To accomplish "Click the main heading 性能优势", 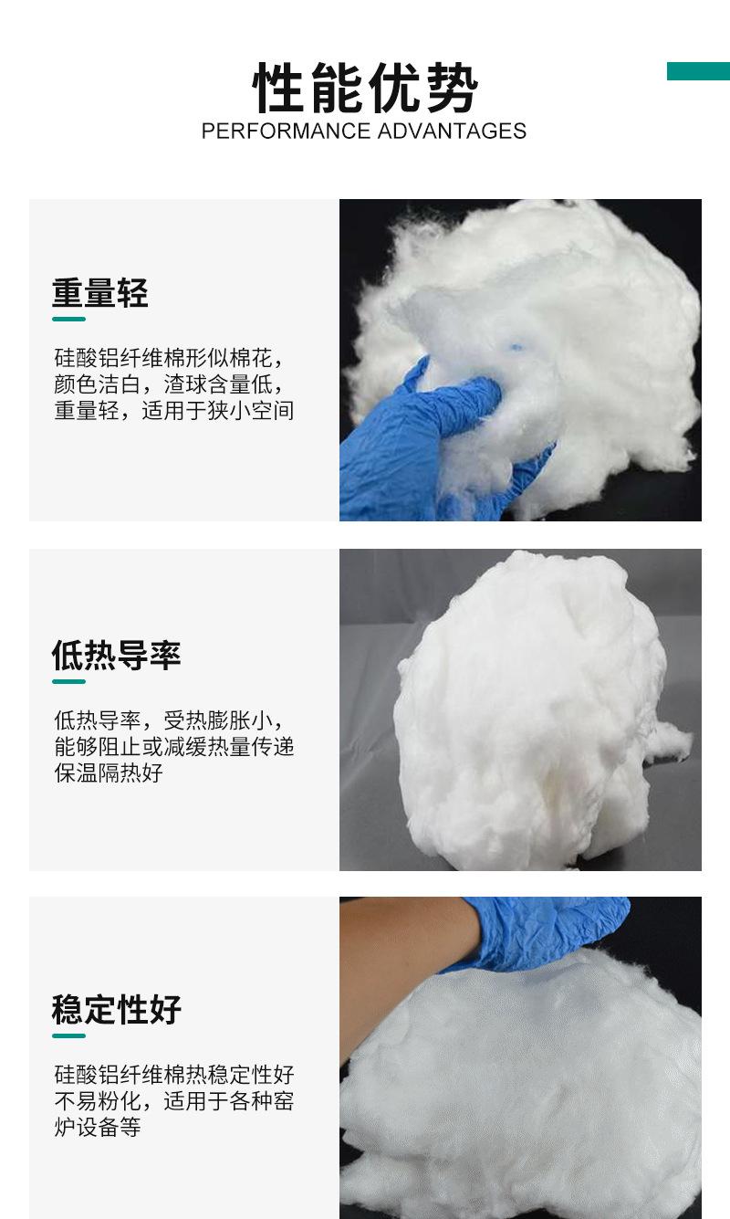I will click(365, 89).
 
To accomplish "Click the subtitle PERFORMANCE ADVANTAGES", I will click(363, 131).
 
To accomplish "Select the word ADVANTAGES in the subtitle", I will click(452, 131).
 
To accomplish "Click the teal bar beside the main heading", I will click(698, 71).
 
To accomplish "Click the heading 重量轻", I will click(99, 294).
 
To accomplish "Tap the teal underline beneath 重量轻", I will click(68, 319).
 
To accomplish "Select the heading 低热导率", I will click(116, 656).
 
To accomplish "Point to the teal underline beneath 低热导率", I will click(68, 680).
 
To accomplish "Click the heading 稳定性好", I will click(116, 1010).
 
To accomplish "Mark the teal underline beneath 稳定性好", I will click(68, 1035).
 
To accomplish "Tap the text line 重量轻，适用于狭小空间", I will click(173, 411).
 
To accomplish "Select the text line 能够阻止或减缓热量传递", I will click(173, 747).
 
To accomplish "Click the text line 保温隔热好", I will click(108, 773).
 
